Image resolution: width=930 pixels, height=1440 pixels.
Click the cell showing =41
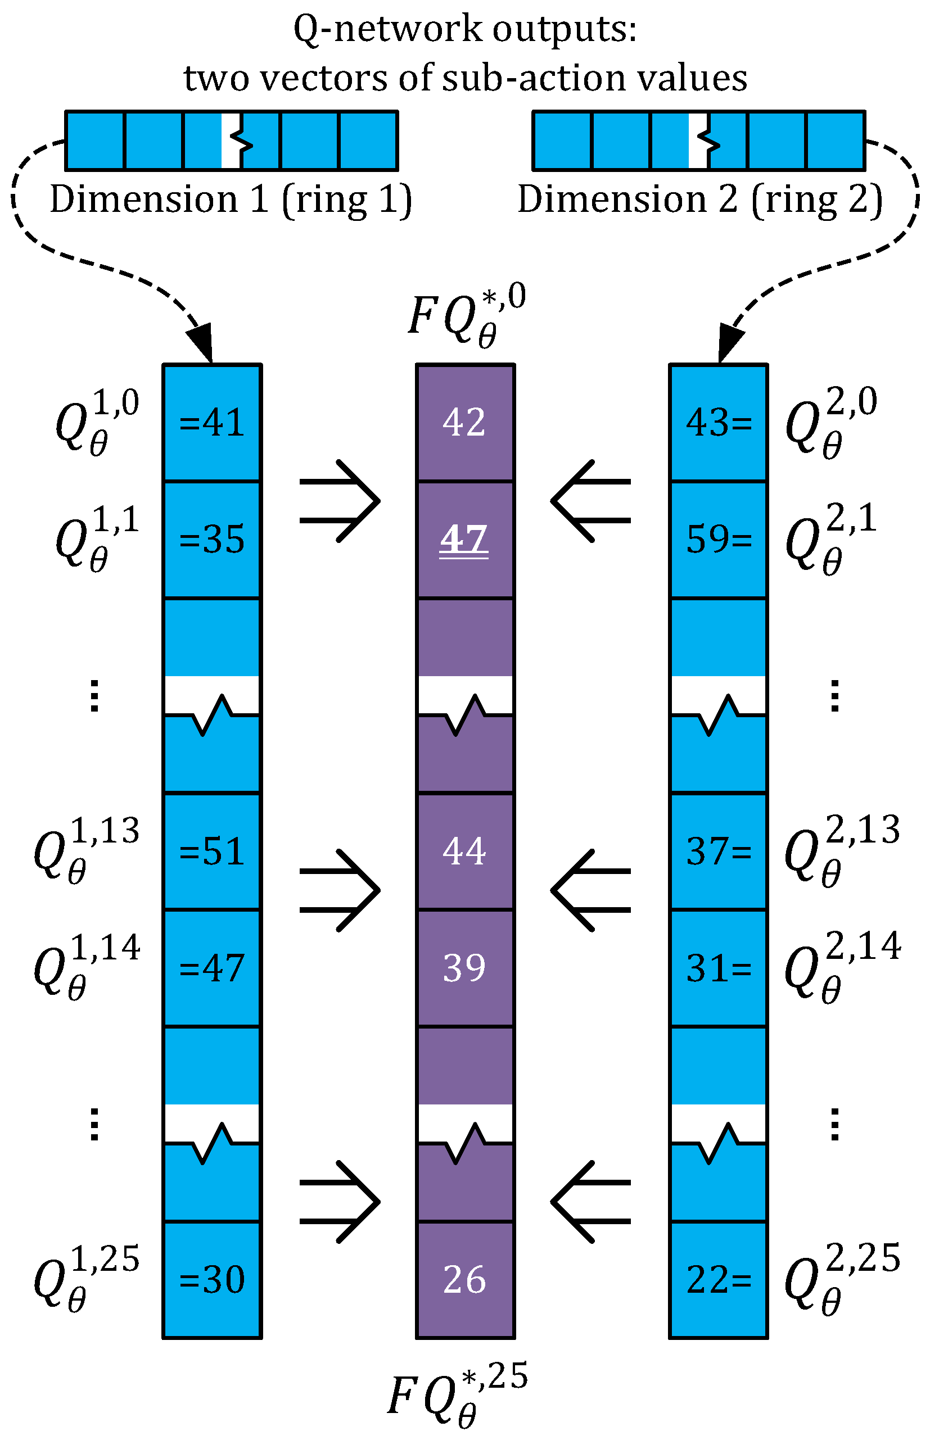pyautogui.click(x=212, y=423)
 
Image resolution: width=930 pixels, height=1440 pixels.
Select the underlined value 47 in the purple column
pyautogui.click(x=464, y=539)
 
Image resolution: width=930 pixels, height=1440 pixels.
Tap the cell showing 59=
pyautogui.click(x=719, y=539)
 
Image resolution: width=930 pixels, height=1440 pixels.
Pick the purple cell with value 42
pyautogui.click(x=464, y=423)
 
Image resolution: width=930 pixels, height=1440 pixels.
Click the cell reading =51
pyautogui.click(x=212, y=852)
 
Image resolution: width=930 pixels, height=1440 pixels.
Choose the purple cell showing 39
pyautogui.click(x=464, y=968)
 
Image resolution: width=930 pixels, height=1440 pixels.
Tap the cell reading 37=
pyautogui.click(x=719, y=852)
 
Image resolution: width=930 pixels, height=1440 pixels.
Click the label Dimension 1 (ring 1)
pyautogui.click(x=231, y=199)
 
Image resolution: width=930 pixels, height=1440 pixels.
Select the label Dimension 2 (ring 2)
pyautogui.click(x=700, y=199)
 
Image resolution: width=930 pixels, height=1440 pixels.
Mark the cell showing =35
pyautogui.click(x=212, y=539)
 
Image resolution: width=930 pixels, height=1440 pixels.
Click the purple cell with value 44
pyautogui.click(x=464, y=852)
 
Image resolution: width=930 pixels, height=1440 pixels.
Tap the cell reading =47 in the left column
pyautogui.click(x=212, y=968)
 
